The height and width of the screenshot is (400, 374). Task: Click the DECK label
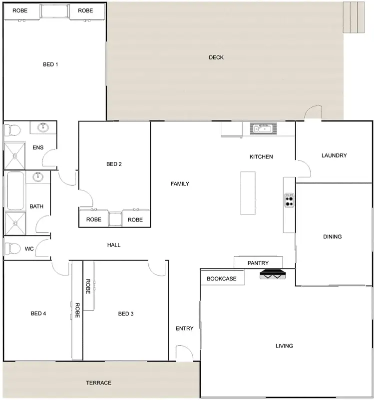216,57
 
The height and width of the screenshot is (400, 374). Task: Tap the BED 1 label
50,64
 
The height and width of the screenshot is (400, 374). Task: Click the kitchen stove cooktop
289,200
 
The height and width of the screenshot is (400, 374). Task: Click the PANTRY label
258,263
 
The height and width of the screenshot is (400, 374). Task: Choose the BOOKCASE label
222,278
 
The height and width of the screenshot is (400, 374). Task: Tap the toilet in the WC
12,248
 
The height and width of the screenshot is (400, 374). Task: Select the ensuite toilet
12,131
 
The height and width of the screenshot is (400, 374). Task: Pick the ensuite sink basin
43,127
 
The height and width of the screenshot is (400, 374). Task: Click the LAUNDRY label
334,155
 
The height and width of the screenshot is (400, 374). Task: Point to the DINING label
332,236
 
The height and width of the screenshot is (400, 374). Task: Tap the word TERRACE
98,383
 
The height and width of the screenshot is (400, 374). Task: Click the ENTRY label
184,328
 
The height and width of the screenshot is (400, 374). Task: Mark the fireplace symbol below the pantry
272,274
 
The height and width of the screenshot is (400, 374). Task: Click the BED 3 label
126,314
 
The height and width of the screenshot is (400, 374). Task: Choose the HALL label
114,245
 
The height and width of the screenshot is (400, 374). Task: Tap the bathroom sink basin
37,176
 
